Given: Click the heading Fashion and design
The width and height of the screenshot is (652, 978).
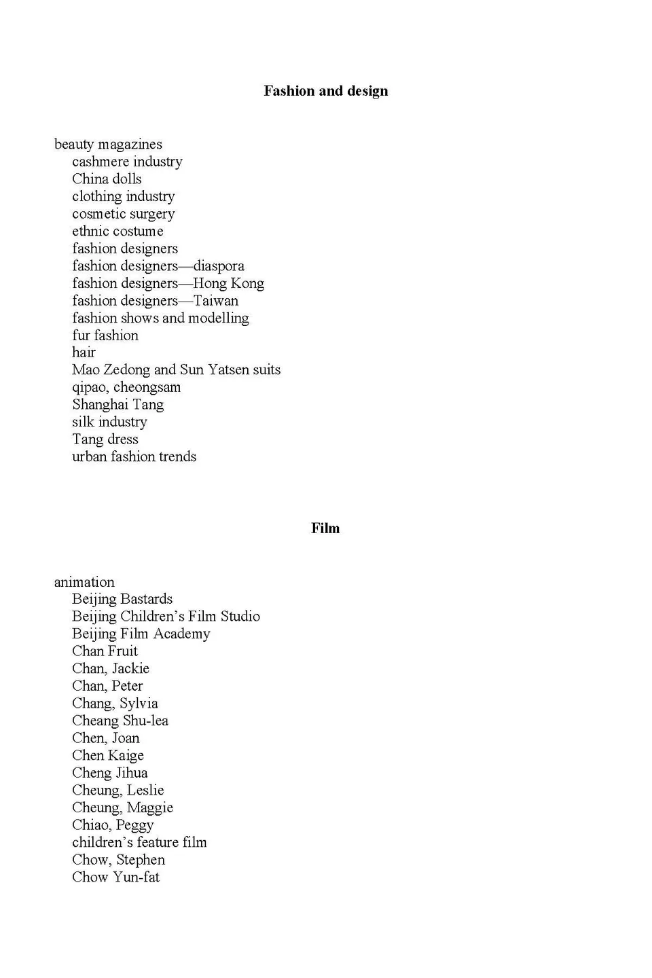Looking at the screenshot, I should tap(325, 91).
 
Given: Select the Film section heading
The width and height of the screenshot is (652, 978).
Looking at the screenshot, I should tap(325, 528).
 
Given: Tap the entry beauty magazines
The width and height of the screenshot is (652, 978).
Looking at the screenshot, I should tap(108, 144).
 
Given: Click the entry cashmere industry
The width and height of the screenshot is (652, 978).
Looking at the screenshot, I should tap(127, 162).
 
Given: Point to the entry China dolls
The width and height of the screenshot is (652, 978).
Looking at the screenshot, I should tap(107, 179).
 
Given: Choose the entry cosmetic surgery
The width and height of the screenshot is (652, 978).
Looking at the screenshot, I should tap(123, 214).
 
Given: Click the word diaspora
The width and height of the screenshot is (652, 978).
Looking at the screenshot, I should tap(219, 266).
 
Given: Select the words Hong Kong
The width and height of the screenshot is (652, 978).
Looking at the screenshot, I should tap(228, 283).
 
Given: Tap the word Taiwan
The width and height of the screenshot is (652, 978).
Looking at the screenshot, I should tap(216, 301).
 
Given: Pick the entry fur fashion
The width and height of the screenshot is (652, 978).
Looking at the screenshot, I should tap(105, 336).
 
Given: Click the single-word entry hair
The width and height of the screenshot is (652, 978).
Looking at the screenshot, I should tap(84, 352).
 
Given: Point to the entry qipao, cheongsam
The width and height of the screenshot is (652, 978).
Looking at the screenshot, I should tap(126, 388).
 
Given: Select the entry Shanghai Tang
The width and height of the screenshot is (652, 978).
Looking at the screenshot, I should tap(117, 405).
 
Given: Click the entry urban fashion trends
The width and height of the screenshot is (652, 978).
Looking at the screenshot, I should tap(134, 457).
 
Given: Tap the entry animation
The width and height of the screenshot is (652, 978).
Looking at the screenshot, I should tap(84, 582).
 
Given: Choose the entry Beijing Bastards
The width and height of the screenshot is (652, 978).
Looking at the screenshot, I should tap(122, 599).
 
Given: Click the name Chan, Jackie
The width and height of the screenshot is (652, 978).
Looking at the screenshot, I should tap(111, 669).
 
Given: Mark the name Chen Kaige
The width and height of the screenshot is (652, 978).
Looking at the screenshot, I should tap(108, 756).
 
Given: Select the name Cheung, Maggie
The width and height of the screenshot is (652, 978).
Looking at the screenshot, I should tap(122, 808).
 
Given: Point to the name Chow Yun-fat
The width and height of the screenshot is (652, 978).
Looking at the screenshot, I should tap(115, 877).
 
